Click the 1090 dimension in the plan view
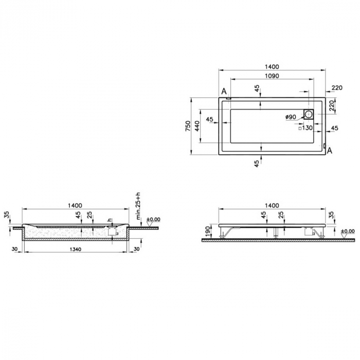[272, 76]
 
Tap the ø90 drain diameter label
[291, 117]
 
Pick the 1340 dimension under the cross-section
[75, 249]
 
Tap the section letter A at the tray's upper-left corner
[224, 92]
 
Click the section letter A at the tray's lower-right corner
[330, 151]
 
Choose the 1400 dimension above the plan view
[272, 66]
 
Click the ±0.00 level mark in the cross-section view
[153, 220]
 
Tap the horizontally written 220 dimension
[337, 88]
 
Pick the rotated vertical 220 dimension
[332, 105]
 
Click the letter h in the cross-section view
[109, 220]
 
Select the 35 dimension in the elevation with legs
[331, 214]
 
